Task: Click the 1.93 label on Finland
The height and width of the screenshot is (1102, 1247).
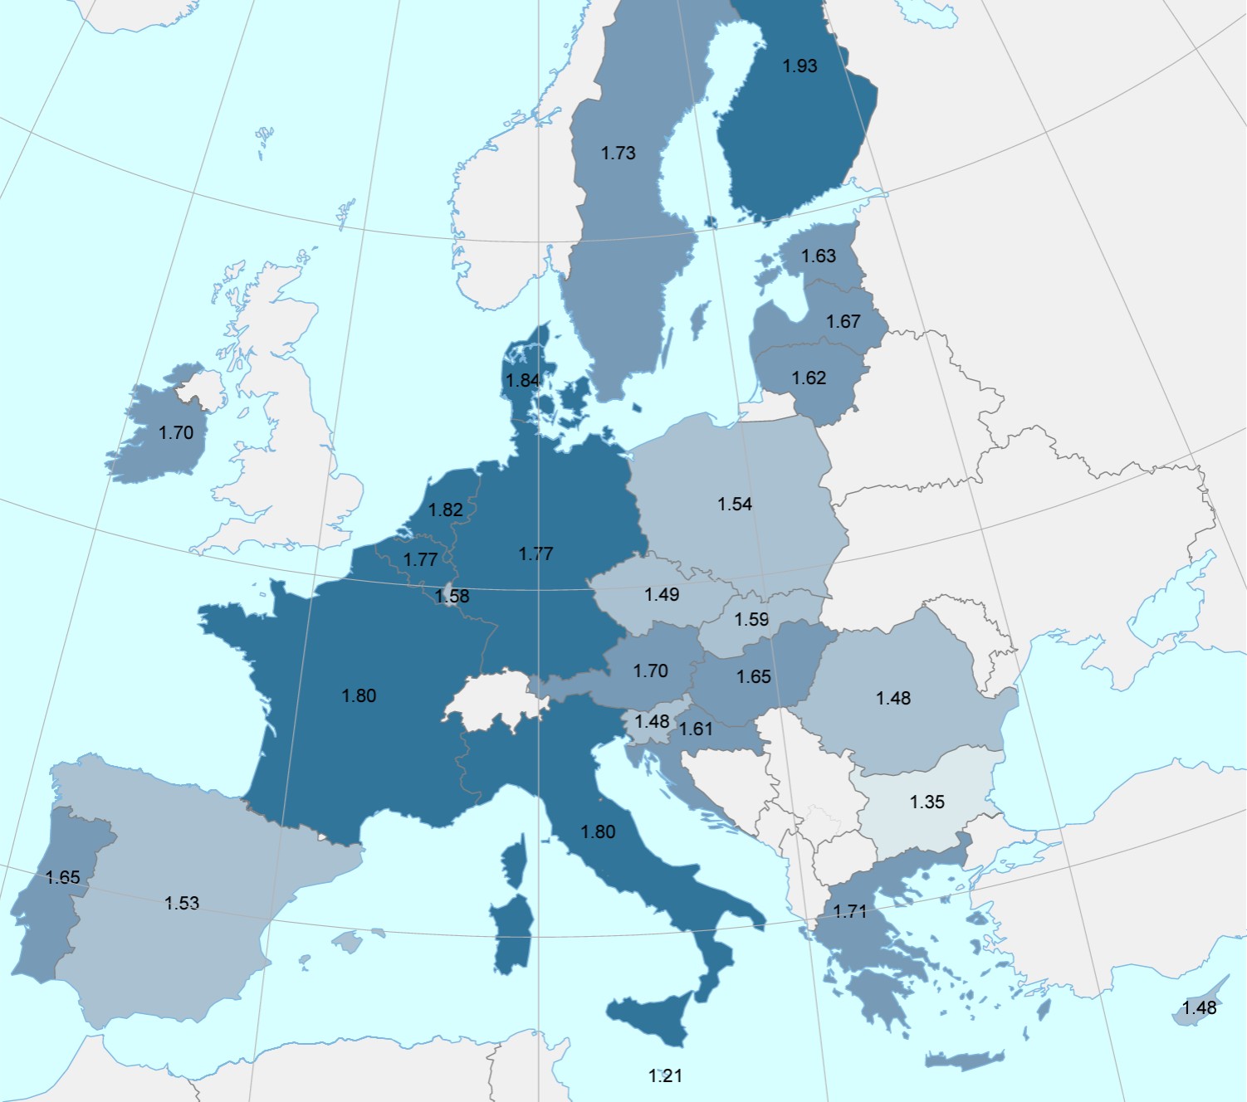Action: pos(800,66)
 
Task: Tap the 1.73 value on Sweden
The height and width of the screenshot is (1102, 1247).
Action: pos(619,153)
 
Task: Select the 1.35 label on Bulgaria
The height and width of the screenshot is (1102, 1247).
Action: pos(927,802)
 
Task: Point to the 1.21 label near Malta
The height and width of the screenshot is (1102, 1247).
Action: pos(665,1075)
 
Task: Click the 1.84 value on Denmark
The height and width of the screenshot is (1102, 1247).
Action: pos(523,380)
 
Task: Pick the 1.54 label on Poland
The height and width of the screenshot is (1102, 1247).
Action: pos(735,504)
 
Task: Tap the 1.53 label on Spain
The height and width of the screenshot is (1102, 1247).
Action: pos(182,903)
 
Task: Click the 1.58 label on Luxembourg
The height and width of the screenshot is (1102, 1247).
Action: pos(452,596)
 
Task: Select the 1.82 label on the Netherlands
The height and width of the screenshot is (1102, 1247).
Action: pos(446,510)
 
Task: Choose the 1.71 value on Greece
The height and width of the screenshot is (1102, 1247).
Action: pos(850,911)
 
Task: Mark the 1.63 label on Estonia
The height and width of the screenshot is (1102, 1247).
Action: pos(819,256)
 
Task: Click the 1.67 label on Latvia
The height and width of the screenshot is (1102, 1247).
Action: pos(844,321)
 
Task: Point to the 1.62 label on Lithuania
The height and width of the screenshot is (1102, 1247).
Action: pos(809,378)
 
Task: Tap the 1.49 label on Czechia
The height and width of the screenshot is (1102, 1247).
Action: pos(662,594)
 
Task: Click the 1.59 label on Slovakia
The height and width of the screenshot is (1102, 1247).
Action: pos(751,619)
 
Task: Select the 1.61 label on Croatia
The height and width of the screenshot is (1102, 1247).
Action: pos(696,729)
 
